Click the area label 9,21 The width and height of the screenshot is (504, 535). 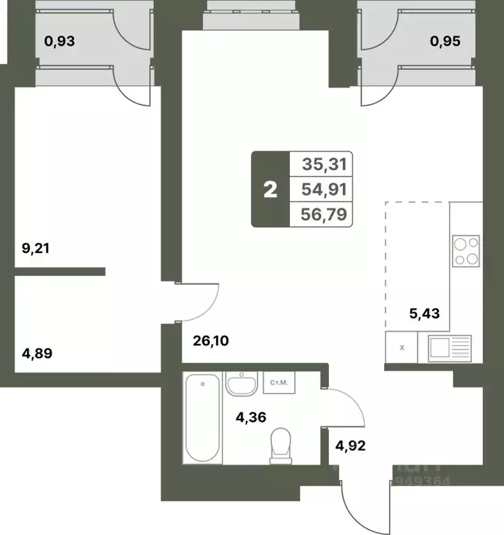pyautogui.click(x=38, y=249)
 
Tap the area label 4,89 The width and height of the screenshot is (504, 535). pyautogui.click(x=38, y=353)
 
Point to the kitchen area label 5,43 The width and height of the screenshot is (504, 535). pyautogui.click(x=425, y=313)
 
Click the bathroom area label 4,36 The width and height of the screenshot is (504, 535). pyautogui.click(x=251, y=418)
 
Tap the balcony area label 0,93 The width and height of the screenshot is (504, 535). pyautogui.click(x=59, y=41)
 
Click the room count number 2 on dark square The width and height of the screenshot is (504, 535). pyautogui.click(x=270, y=189)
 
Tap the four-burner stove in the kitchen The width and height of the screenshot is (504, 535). pyautogui.click(x=466, y=251)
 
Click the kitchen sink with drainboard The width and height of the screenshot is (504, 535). pyautogui.click(x=450, y=348)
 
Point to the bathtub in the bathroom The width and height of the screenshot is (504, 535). pyautogui.click(x=203, y=418)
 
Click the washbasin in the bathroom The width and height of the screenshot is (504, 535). pyautogui.click(x=242, y=385)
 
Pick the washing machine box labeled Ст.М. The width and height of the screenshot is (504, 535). pyautogui.click(x=281, y=382)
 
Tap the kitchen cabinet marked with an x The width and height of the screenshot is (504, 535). pyautogui.click(x=401, y=348)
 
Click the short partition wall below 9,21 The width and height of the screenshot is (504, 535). pyautogui.click(x=60, y=271)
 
